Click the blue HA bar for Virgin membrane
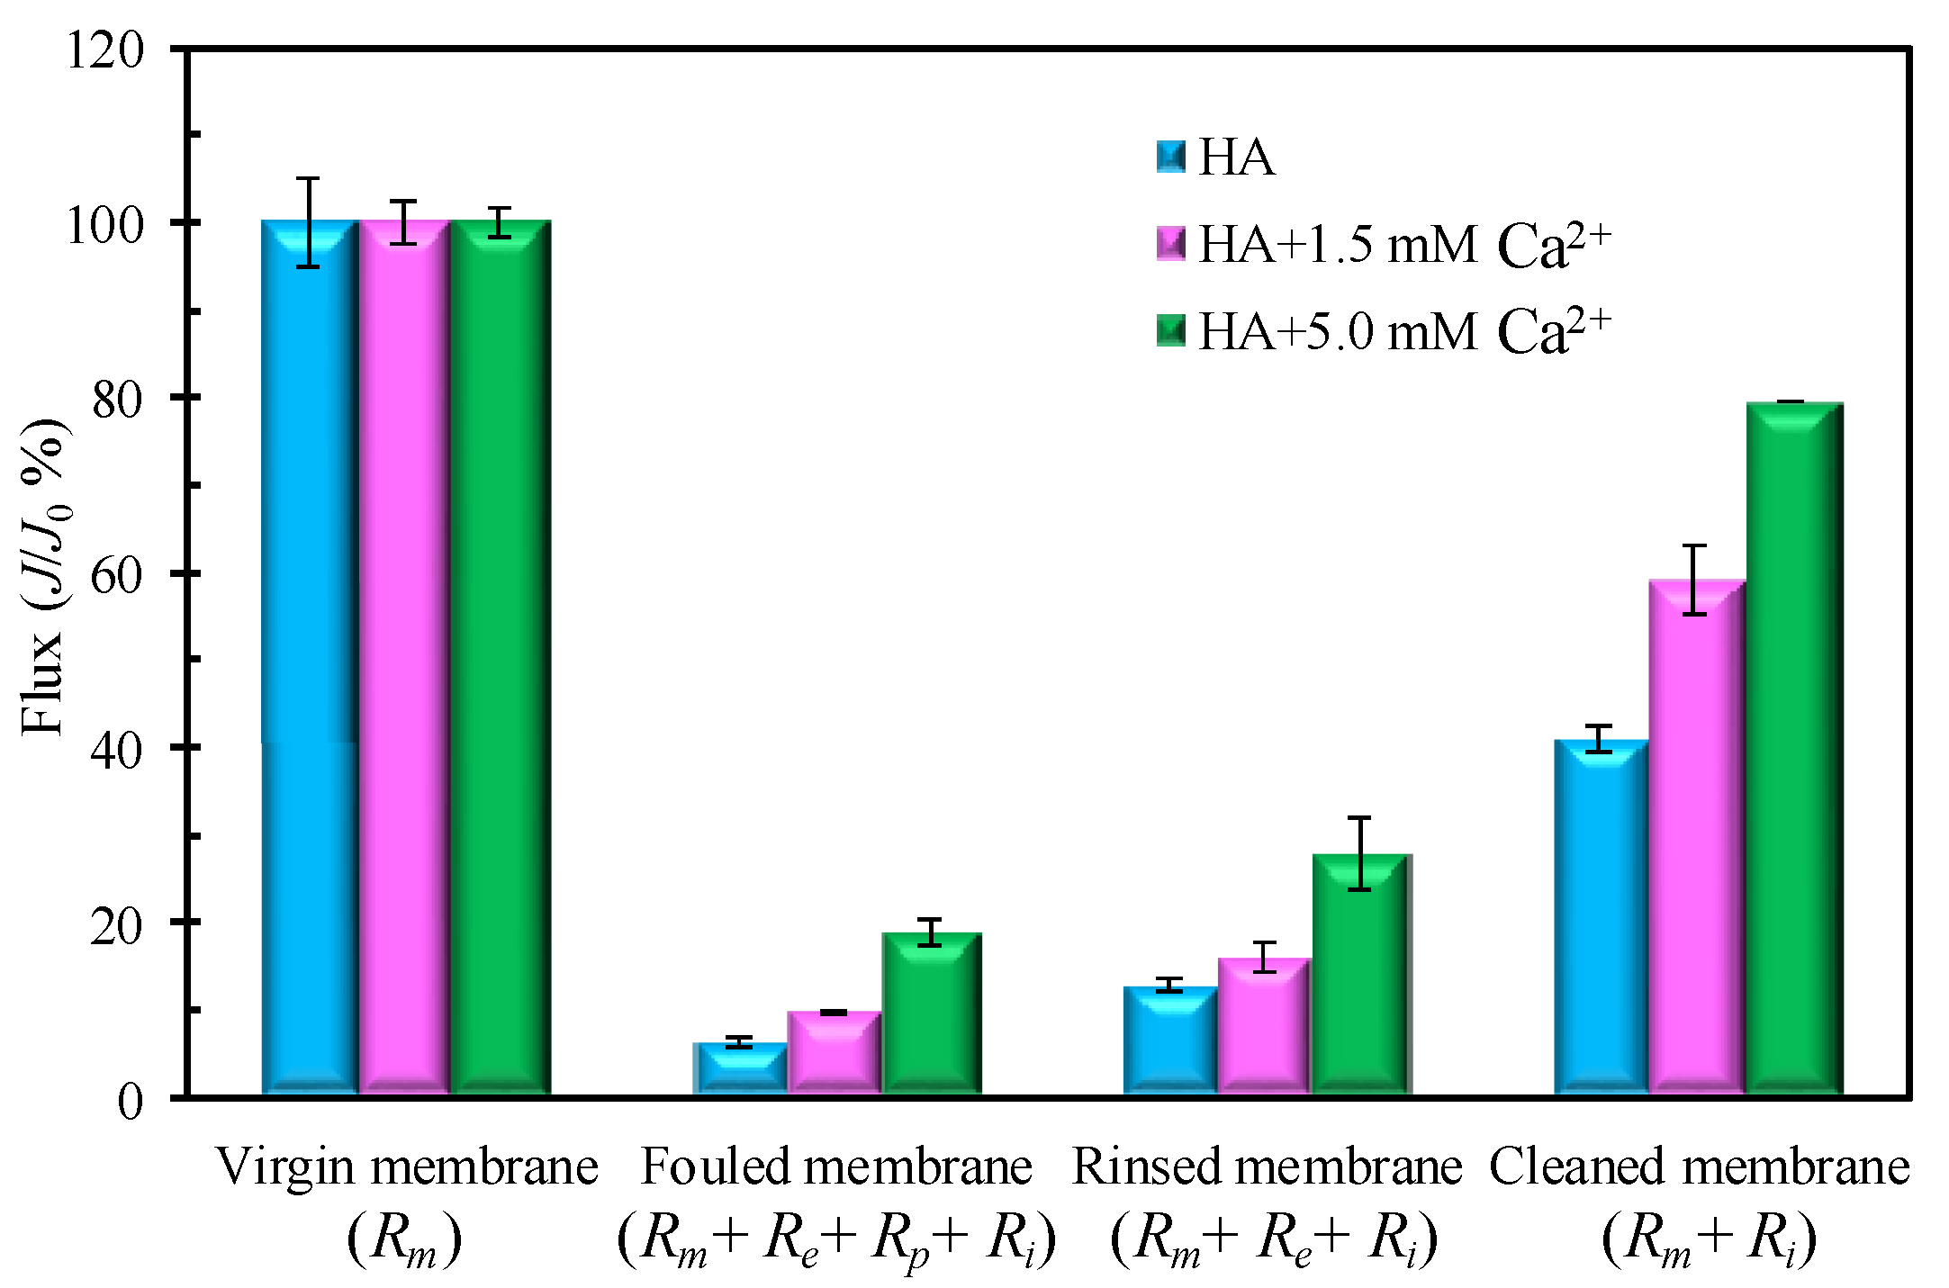pyautogui.click(x=310, y=657)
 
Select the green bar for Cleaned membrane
pyautogui.click(x=1793, y=747)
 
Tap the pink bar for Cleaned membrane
pyautogui.click(x=1696, y=837)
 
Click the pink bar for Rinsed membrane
pyautogui.click(x=1264, y=1026)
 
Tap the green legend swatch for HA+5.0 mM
pyautogui.click(x=1170, y=330)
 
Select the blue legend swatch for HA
pyautogui.click(x=1170, y=157)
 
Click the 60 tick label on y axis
pyautogui.click(x=117, y=574)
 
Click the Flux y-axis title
pyautogui.click(x=43, y=576)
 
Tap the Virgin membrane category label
pyautogui.click(x=407, y=1167)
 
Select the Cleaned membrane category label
pyautogui.click(x=1699, y=1167)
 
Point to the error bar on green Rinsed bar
pyautogui.click(x=1359, y=852)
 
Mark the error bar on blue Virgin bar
pyautogui.click(x=309, y=222)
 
